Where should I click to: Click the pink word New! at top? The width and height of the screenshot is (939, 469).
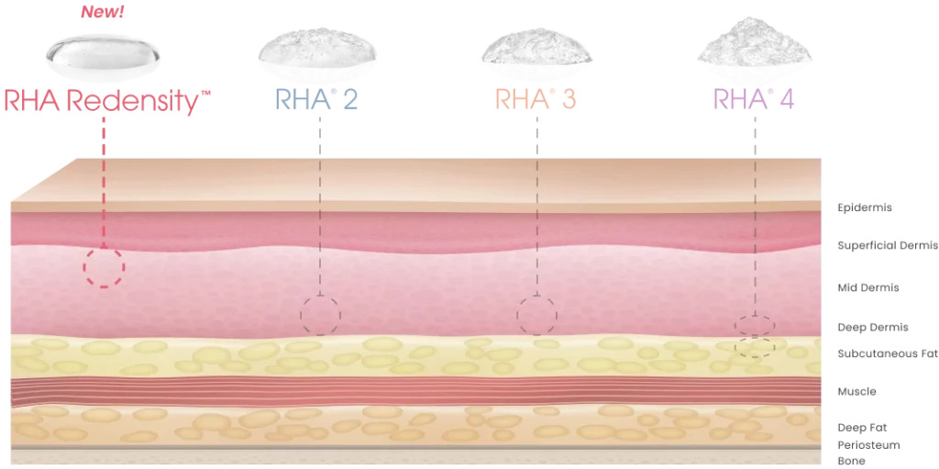[103, 13]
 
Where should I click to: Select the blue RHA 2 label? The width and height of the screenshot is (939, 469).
[316, 99]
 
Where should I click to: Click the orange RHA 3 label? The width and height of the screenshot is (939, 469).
[536, 99]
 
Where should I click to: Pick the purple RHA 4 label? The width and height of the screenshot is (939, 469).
[753, 99]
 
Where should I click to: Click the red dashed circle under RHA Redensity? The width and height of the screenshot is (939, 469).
[104, 268]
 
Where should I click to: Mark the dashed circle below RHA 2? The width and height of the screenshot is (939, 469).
[320, 316]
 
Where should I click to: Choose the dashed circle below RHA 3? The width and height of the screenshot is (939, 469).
[536, 316]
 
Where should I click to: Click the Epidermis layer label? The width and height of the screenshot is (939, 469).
[864, 207]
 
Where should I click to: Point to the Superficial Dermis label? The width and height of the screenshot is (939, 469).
[888, 246]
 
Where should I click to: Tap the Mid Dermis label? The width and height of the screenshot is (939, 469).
[867, 288]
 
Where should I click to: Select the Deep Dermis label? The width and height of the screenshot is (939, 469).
[872, 328]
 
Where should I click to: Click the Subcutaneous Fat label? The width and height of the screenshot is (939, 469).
[888, 354]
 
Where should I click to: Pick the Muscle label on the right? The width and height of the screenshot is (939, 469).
[856, 392]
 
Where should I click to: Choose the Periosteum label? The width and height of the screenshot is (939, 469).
[868, 445]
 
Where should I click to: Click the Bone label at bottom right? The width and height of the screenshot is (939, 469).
[851, 461]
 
